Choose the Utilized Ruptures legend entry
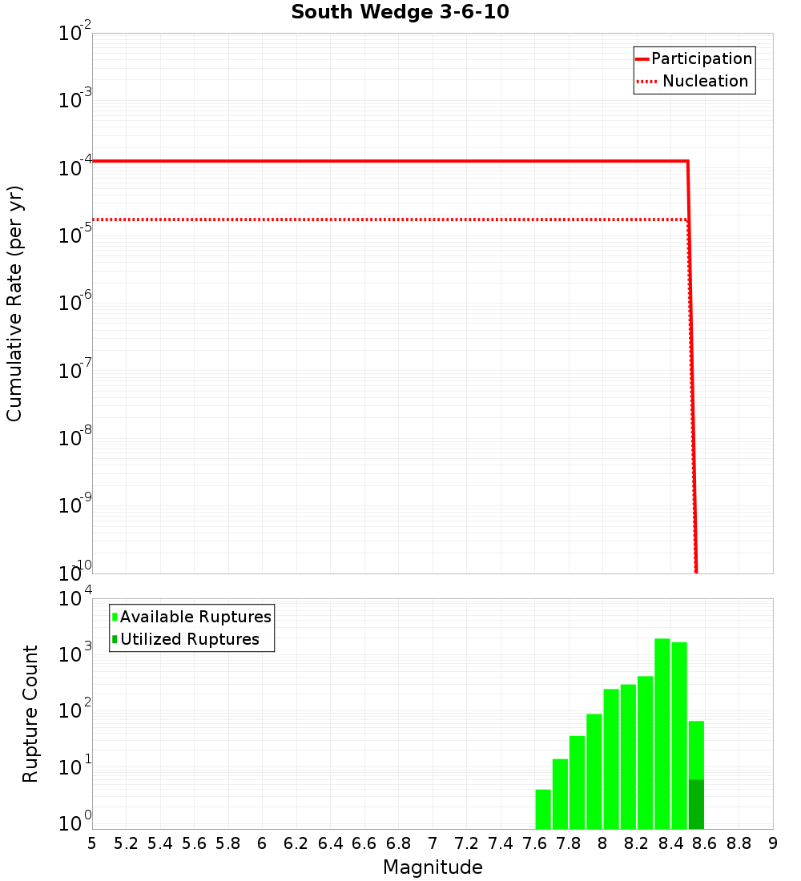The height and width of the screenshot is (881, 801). (x=189, y=639)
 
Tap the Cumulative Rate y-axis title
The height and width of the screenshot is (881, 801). (x=14, y=304)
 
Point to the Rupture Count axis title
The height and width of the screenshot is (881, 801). (x=30, y=714)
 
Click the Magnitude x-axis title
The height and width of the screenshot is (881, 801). (x=433, y=867)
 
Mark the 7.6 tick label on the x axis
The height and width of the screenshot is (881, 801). (x=534, y=843)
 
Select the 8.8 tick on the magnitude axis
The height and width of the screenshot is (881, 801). (x=739, y=843)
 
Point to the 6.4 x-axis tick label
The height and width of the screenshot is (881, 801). (x=330, y=843)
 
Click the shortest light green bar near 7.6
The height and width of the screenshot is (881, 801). (x=543, y=809)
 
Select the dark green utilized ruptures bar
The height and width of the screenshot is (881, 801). (x=696, y=804)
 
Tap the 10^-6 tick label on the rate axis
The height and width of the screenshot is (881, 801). (x=75, y=303)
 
